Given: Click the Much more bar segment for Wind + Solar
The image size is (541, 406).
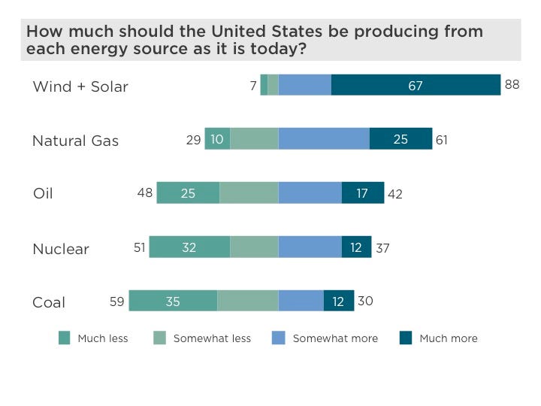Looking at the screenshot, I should pyautogui.click(x=416, y=85).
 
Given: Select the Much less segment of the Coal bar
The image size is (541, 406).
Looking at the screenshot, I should pyautogui.click(x=173, y=301).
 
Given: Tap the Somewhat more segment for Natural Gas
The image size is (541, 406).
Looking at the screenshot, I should pyautogui.click(x=324, y=139).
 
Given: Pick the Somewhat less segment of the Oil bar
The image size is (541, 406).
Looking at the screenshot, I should pyautogui.click(x=249, y=193).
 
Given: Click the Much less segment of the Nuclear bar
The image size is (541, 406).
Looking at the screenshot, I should pyautogui.click(x=189, y=247).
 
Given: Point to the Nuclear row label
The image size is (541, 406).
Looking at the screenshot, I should pyautogui.click(x=61, y=249).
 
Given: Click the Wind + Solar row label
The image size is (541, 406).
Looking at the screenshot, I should pyautogui.click(x=80, y=86).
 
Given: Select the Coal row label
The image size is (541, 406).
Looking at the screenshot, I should pyautogui.click(x=49, y=303).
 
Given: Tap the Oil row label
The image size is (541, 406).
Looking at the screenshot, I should pyautogui.click(x=43, y=194).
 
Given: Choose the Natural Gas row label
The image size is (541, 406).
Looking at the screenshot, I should pyautogui.click(x=75, y=141).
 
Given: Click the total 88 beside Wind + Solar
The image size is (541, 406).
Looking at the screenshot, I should pyautogui.click(x=512, y=85).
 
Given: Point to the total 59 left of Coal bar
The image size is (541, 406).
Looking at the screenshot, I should pyautogui.click(x=117, y=301).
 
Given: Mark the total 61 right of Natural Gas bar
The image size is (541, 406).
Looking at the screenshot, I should pyautogui.click(x=442, y=139).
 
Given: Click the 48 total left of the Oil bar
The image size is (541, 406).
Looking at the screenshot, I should pyautogui.click(x=144, y=193).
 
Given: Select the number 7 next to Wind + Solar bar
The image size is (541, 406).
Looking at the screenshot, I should pyautogui.click(x=253, y=85).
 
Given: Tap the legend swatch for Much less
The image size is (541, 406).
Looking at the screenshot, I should pyautogui.click(x=64, y=338).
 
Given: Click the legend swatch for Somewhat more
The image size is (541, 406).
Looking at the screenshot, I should pyautogui.click(x=279, y=338).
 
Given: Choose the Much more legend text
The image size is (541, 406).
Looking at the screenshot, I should pyautogui.click(x=449, y=338).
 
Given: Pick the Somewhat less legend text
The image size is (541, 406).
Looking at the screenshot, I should pyautogui.click(x=212, y=338).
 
